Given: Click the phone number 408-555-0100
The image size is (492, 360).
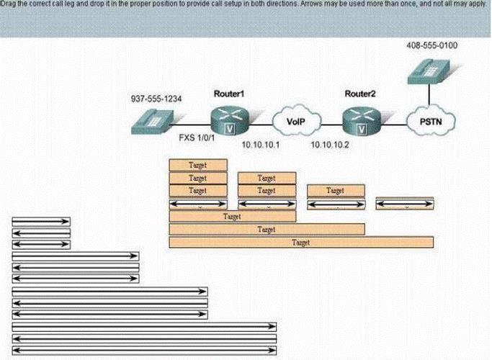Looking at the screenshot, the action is pyautogui.click(x=431, y=45).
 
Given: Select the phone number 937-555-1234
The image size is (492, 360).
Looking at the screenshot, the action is pyautogui.click(x=156, y=99).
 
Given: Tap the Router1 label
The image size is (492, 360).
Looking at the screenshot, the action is pyautogui.click(x=229, y=94).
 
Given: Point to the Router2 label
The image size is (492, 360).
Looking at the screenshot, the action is pyautogui.click(x=360, y=94).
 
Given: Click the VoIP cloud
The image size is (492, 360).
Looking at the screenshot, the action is pyautogui.click(x=296, y=121).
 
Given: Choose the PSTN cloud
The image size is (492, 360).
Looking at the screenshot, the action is pyautogui.click(x=431, y=121).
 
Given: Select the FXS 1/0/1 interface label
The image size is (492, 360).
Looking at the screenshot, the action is pyautogui.click(x=197, y=138).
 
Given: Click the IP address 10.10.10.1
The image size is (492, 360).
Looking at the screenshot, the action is pyautogui.click(x=261, y=145).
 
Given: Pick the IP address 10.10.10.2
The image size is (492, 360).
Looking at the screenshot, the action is pyautogui.click(x=330, y=145).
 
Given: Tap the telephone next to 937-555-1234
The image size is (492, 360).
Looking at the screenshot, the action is pyautogui.click(x=153, y=122).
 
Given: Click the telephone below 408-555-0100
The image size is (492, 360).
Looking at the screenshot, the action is pyautogui.click(x=429, y=71).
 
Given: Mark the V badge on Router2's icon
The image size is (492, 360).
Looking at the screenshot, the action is pyautogui.click(x=362, y=129).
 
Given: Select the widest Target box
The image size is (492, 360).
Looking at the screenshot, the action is pyautogui.click(x=301, y=243).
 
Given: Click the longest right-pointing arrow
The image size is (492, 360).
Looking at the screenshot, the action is pyautogui.click(x=144, y=327).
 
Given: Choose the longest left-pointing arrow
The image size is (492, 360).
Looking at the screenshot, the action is pyautogui.click(x=144, y=338).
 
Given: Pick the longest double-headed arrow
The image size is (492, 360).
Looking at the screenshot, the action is pyautogui.click(x=144, y=350).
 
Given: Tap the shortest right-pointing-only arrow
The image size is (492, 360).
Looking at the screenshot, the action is pyautogui.click(x=41, y=222).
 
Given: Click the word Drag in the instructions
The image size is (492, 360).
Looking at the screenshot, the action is pyautogui.click(x=6, y=4).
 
